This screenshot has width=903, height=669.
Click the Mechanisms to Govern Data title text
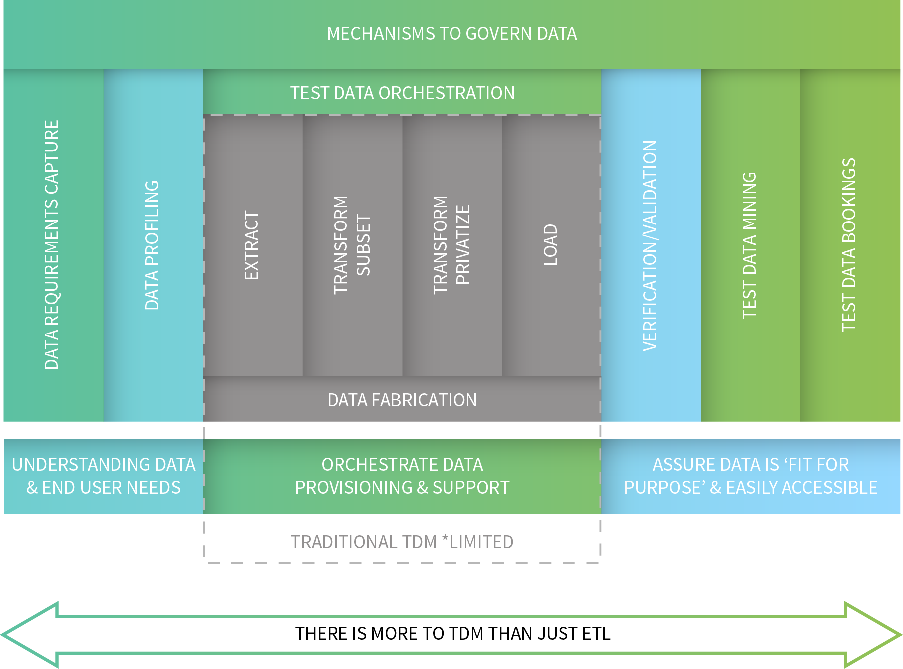click(x=451, y=34)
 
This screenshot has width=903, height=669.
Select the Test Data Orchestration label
click(x=402, y=93)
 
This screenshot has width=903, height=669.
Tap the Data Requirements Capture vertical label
click(x=52, y=245)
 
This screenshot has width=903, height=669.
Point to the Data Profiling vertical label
click(x=152, y=245)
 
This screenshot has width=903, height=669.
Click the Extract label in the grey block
click(x=251, y=245)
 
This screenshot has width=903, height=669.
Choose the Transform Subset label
click(x=352, y=245)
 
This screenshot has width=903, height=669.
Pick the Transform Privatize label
click(x=451, y=245)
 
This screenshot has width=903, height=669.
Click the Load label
click(x=550, y=245)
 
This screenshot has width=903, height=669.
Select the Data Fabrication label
click(x=402, y=400)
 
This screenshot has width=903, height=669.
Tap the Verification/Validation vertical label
click(x=650, y=245)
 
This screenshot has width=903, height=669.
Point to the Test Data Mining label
click(x=749, y=245)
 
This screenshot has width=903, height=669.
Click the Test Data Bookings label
click(x=849, y=245)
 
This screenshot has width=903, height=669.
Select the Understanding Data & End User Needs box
click(x=104, y=476)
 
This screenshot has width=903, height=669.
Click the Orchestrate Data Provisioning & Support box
click(x=402, y=476)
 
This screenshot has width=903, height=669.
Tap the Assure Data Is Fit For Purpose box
click(x=751, y=476)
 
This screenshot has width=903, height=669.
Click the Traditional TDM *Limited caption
click(x=402, y=542)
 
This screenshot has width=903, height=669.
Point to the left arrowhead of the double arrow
click(x=30, y=635)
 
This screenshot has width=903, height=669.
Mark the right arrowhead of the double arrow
click(x=873, y=635)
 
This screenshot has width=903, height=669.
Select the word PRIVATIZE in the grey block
click(x=463, y=245)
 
